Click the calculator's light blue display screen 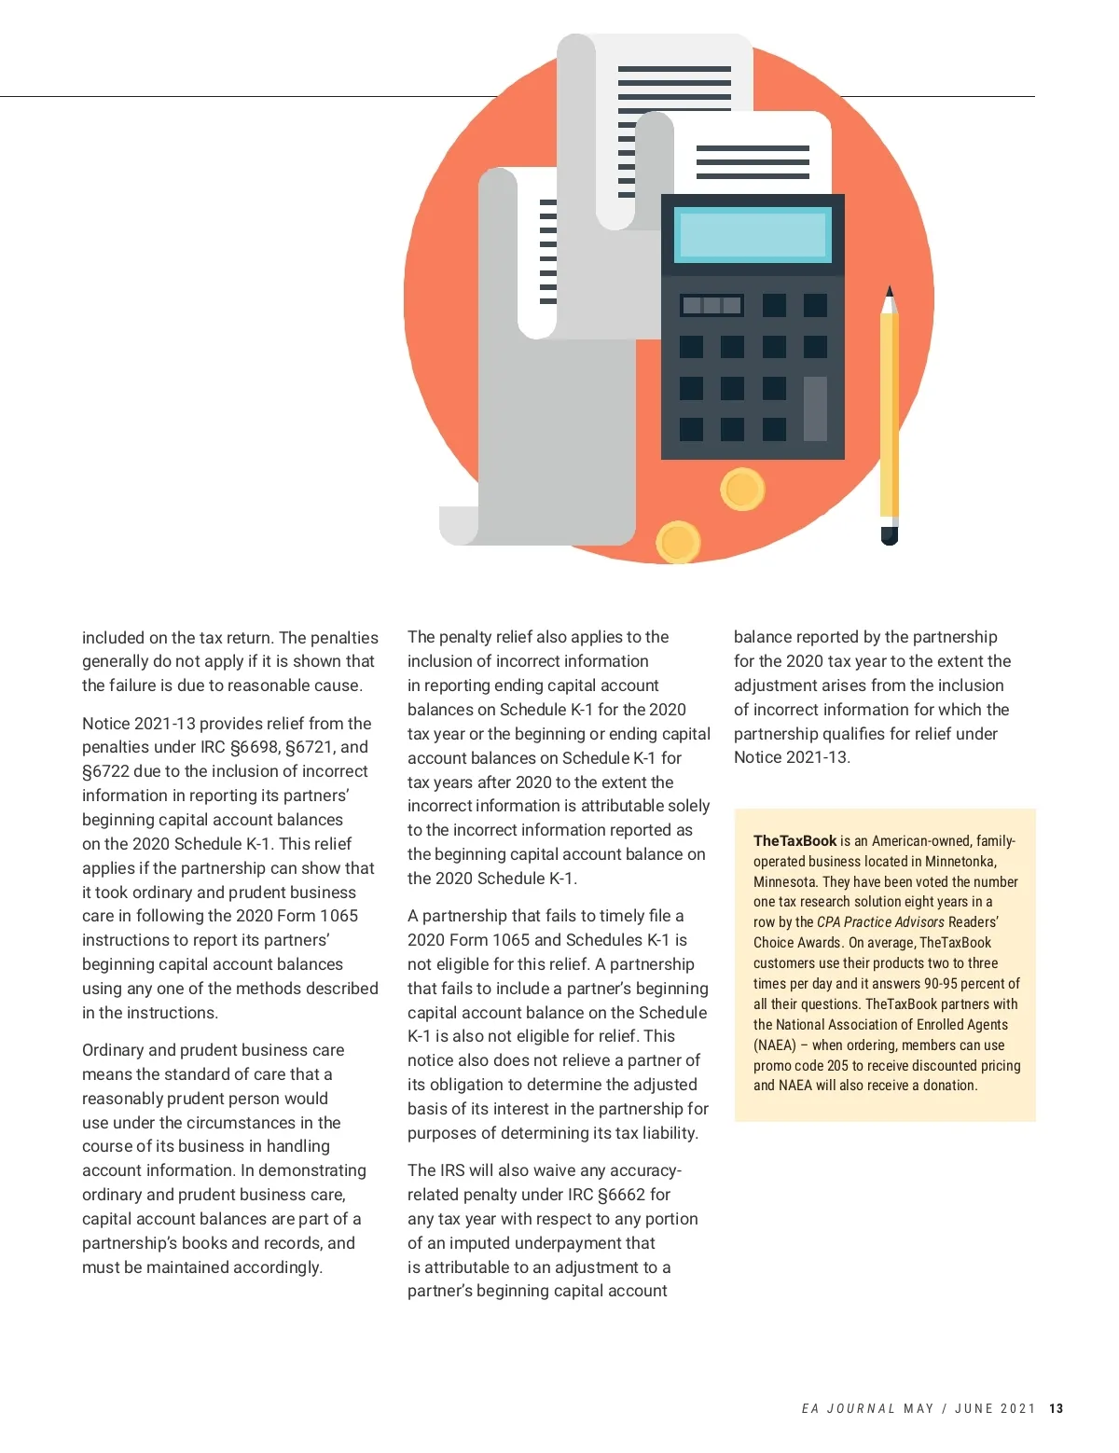tap(753, 234)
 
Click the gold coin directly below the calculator tap(742, 489)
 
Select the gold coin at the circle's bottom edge tap(678, 542)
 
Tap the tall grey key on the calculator tap(815, 408)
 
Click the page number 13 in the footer tap(1056, 1408)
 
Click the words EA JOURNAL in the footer tap(848, 1408)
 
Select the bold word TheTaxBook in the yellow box tap(794, 840)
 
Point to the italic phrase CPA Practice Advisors tap(880, 922)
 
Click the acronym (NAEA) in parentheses tap(775, 1045)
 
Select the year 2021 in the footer tap(1017, 1408)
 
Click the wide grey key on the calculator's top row tap(711, 305)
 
